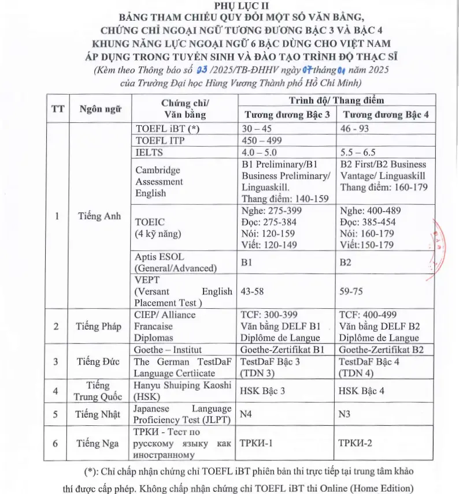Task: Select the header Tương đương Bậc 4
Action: [x=384, y=114]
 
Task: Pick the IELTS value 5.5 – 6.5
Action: [x=358, y=153]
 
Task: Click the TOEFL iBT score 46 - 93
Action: [x=354, y=128]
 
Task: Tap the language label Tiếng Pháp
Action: [x=98, y=326]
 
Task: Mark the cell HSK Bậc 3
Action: [x=262, y=391]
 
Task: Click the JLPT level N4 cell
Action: [x=247, y=414]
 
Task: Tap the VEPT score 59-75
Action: [x=351, y=291]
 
